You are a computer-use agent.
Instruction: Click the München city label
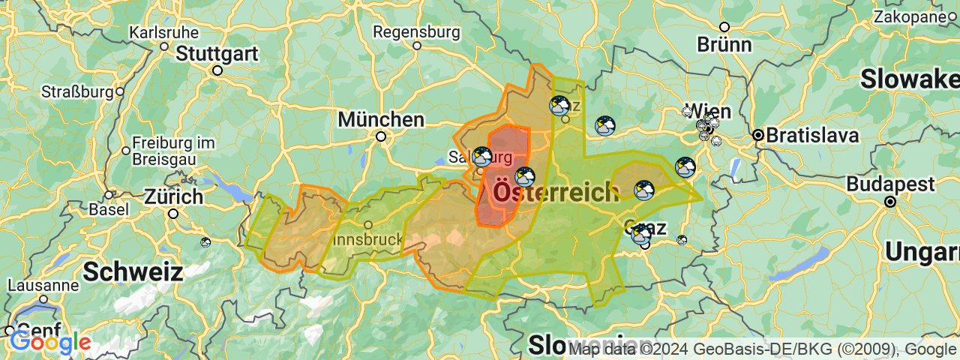click(x=381, y=119)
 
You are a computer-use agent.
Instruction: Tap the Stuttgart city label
click(x=217, y=54)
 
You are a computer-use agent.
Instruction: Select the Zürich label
click(x=174, y=197)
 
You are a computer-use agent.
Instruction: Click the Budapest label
click(x=891, y=184)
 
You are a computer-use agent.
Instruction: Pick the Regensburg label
click(x=416, y=32)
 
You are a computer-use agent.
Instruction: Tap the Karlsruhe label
click(x=164, y=33)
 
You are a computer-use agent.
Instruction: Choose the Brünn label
click(x=724, y=44)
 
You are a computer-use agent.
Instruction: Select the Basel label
click(x=109, y=210)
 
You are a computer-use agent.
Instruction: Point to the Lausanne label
click(x=43, y=286)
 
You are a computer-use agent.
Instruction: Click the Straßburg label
click(x=77, y=92)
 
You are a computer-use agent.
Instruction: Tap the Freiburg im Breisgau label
click(x=173, y=151)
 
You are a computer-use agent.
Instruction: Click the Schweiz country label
click(x=133, y=271)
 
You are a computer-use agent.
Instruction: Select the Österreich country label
click(x=555, y=193)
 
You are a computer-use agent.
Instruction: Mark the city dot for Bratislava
click(x=758, y=135)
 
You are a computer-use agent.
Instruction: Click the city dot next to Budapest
click(x=890, y=201)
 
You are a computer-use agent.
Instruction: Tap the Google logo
click(x=49, y=343)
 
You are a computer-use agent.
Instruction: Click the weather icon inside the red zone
click(x=525, y=177)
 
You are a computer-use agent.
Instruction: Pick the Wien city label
click(x=707, y=110)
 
